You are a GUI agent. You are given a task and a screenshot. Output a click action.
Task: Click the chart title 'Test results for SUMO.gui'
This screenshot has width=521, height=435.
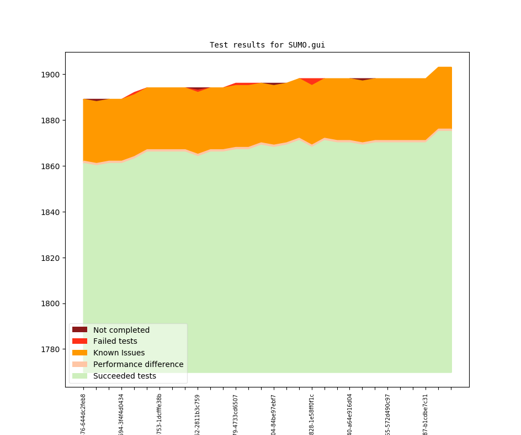pyautogui.click(x=267, y=45)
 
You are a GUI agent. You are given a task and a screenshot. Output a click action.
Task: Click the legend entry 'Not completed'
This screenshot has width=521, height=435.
pyautogui.click(x=121, y=330)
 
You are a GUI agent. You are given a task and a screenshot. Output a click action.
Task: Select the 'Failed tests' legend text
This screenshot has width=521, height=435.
pyautogui.click(x=115, y=342)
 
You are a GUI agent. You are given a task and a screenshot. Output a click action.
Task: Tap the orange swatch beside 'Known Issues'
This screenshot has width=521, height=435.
pyautogui.click(x=79, y=353)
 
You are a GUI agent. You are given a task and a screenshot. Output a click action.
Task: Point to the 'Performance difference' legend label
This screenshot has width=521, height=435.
pyautogui.click(x=138, y=364)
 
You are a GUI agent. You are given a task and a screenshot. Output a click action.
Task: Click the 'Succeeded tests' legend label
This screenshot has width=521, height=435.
pyautogui.click(x=124, y=376)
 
